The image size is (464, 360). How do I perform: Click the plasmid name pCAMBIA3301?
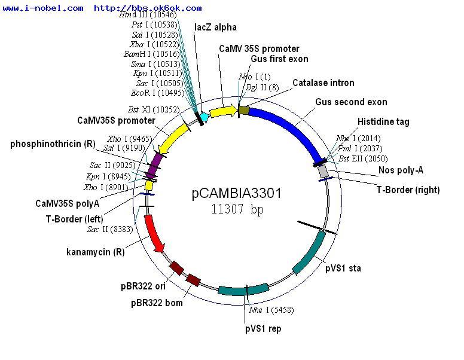[236, 194]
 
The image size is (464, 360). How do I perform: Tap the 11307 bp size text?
[237, 209]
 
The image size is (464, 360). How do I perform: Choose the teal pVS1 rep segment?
[242, 290]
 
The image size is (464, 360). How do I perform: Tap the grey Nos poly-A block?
[323, 171]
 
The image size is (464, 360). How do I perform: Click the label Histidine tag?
[383, 122]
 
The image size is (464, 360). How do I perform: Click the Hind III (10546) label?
[144, 14]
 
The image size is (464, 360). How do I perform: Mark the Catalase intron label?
[323, 83]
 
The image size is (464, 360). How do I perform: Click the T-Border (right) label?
[408, 190]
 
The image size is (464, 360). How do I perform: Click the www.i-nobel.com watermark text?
[43, 8]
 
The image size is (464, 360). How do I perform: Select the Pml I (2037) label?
[363, 148]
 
